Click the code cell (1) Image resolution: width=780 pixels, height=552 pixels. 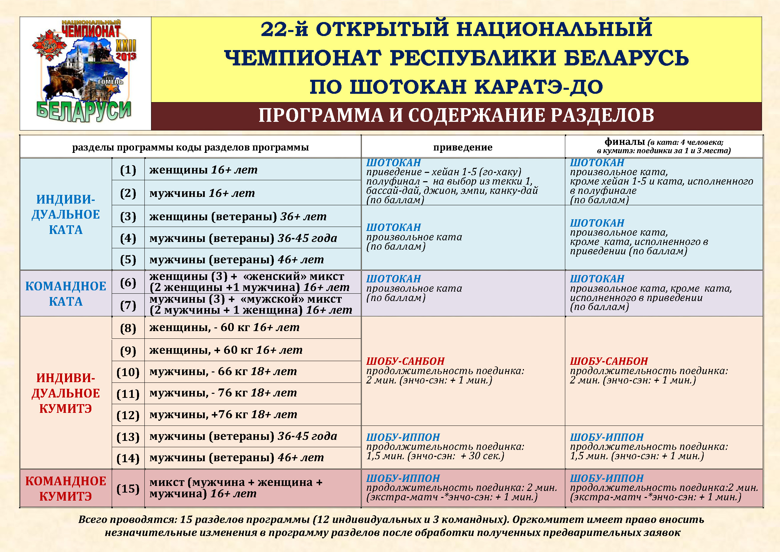[x=128, y=170]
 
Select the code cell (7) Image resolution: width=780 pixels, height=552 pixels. [x=128, y=305]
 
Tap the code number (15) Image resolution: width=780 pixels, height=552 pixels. [x=128, y=489]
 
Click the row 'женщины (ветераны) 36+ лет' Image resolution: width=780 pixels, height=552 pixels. [x=238, y=216]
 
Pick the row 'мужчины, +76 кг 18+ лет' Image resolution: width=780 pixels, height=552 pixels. [x=223, y=415]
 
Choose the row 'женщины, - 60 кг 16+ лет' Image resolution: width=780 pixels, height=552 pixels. [x=224, y=327]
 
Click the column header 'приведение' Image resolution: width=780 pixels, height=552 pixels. [x=463, y=147]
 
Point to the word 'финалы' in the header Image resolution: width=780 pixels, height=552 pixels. [x=625, y=142]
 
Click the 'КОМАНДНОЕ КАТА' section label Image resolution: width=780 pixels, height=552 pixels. [x=66, y=294]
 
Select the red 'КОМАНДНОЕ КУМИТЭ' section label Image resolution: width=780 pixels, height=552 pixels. [x=66, y=489]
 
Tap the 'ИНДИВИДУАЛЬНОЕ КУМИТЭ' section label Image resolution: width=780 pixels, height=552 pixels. [x=66, y=393]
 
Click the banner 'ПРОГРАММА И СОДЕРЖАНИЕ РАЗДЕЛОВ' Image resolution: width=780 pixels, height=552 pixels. [x=456, y=115]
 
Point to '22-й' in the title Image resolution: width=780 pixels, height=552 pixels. [x=284, y=29]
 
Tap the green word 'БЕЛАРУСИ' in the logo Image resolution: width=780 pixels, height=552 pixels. [x=84, y=111]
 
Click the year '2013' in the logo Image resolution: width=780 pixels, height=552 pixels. [x=126, y=56]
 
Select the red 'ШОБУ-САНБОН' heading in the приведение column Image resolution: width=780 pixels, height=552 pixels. [x=405, y=361]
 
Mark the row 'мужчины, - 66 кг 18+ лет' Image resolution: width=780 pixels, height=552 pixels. [x=223, y=371]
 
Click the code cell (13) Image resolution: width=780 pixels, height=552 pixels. [x=128, y=437]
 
